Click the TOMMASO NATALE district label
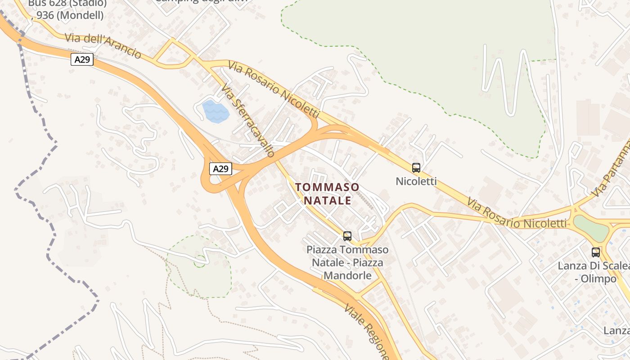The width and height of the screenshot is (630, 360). click(x=327, y=193)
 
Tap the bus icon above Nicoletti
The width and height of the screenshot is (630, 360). click(x=416, y=168)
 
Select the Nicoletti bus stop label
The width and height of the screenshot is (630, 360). click(x=416, y=181)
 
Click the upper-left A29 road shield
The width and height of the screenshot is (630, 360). click(x=82, y=59)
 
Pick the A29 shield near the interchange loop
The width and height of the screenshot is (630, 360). click(x=221, y=169)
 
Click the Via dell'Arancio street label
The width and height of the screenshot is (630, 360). click(x=103, y=45)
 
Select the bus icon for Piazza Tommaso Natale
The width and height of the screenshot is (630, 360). click(x=347, y=236)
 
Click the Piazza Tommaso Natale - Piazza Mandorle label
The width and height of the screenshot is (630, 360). click(x=347, y=262)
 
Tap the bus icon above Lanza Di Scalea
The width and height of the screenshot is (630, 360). click(x=596, y=252)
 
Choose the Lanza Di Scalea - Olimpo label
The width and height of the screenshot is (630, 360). click(x=593, y=272)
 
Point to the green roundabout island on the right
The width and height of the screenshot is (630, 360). click(x=590, y=228)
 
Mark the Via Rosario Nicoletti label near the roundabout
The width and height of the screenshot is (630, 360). click(x=517, y=214)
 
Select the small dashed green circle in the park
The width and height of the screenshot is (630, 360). click(x=200, y=260)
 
